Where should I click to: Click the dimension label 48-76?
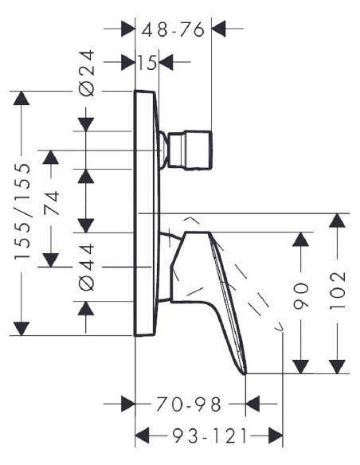[x=173, y=29]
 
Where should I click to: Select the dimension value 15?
[x=147, y=63]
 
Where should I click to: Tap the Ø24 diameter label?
[x=87, y=73]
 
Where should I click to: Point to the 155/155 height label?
[x=22, y=211]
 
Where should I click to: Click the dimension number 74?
[x=51, y=203]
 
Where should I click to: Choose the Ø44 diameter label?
[x=87, y=267]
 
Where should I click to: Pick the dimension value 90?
[x=301, y=296]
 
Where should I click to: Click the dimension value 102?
[x=338, y=290]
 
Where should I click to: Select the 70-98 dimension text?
[x=189, y=404]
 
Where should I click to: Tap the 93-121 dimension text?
[x=209, y=436]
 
